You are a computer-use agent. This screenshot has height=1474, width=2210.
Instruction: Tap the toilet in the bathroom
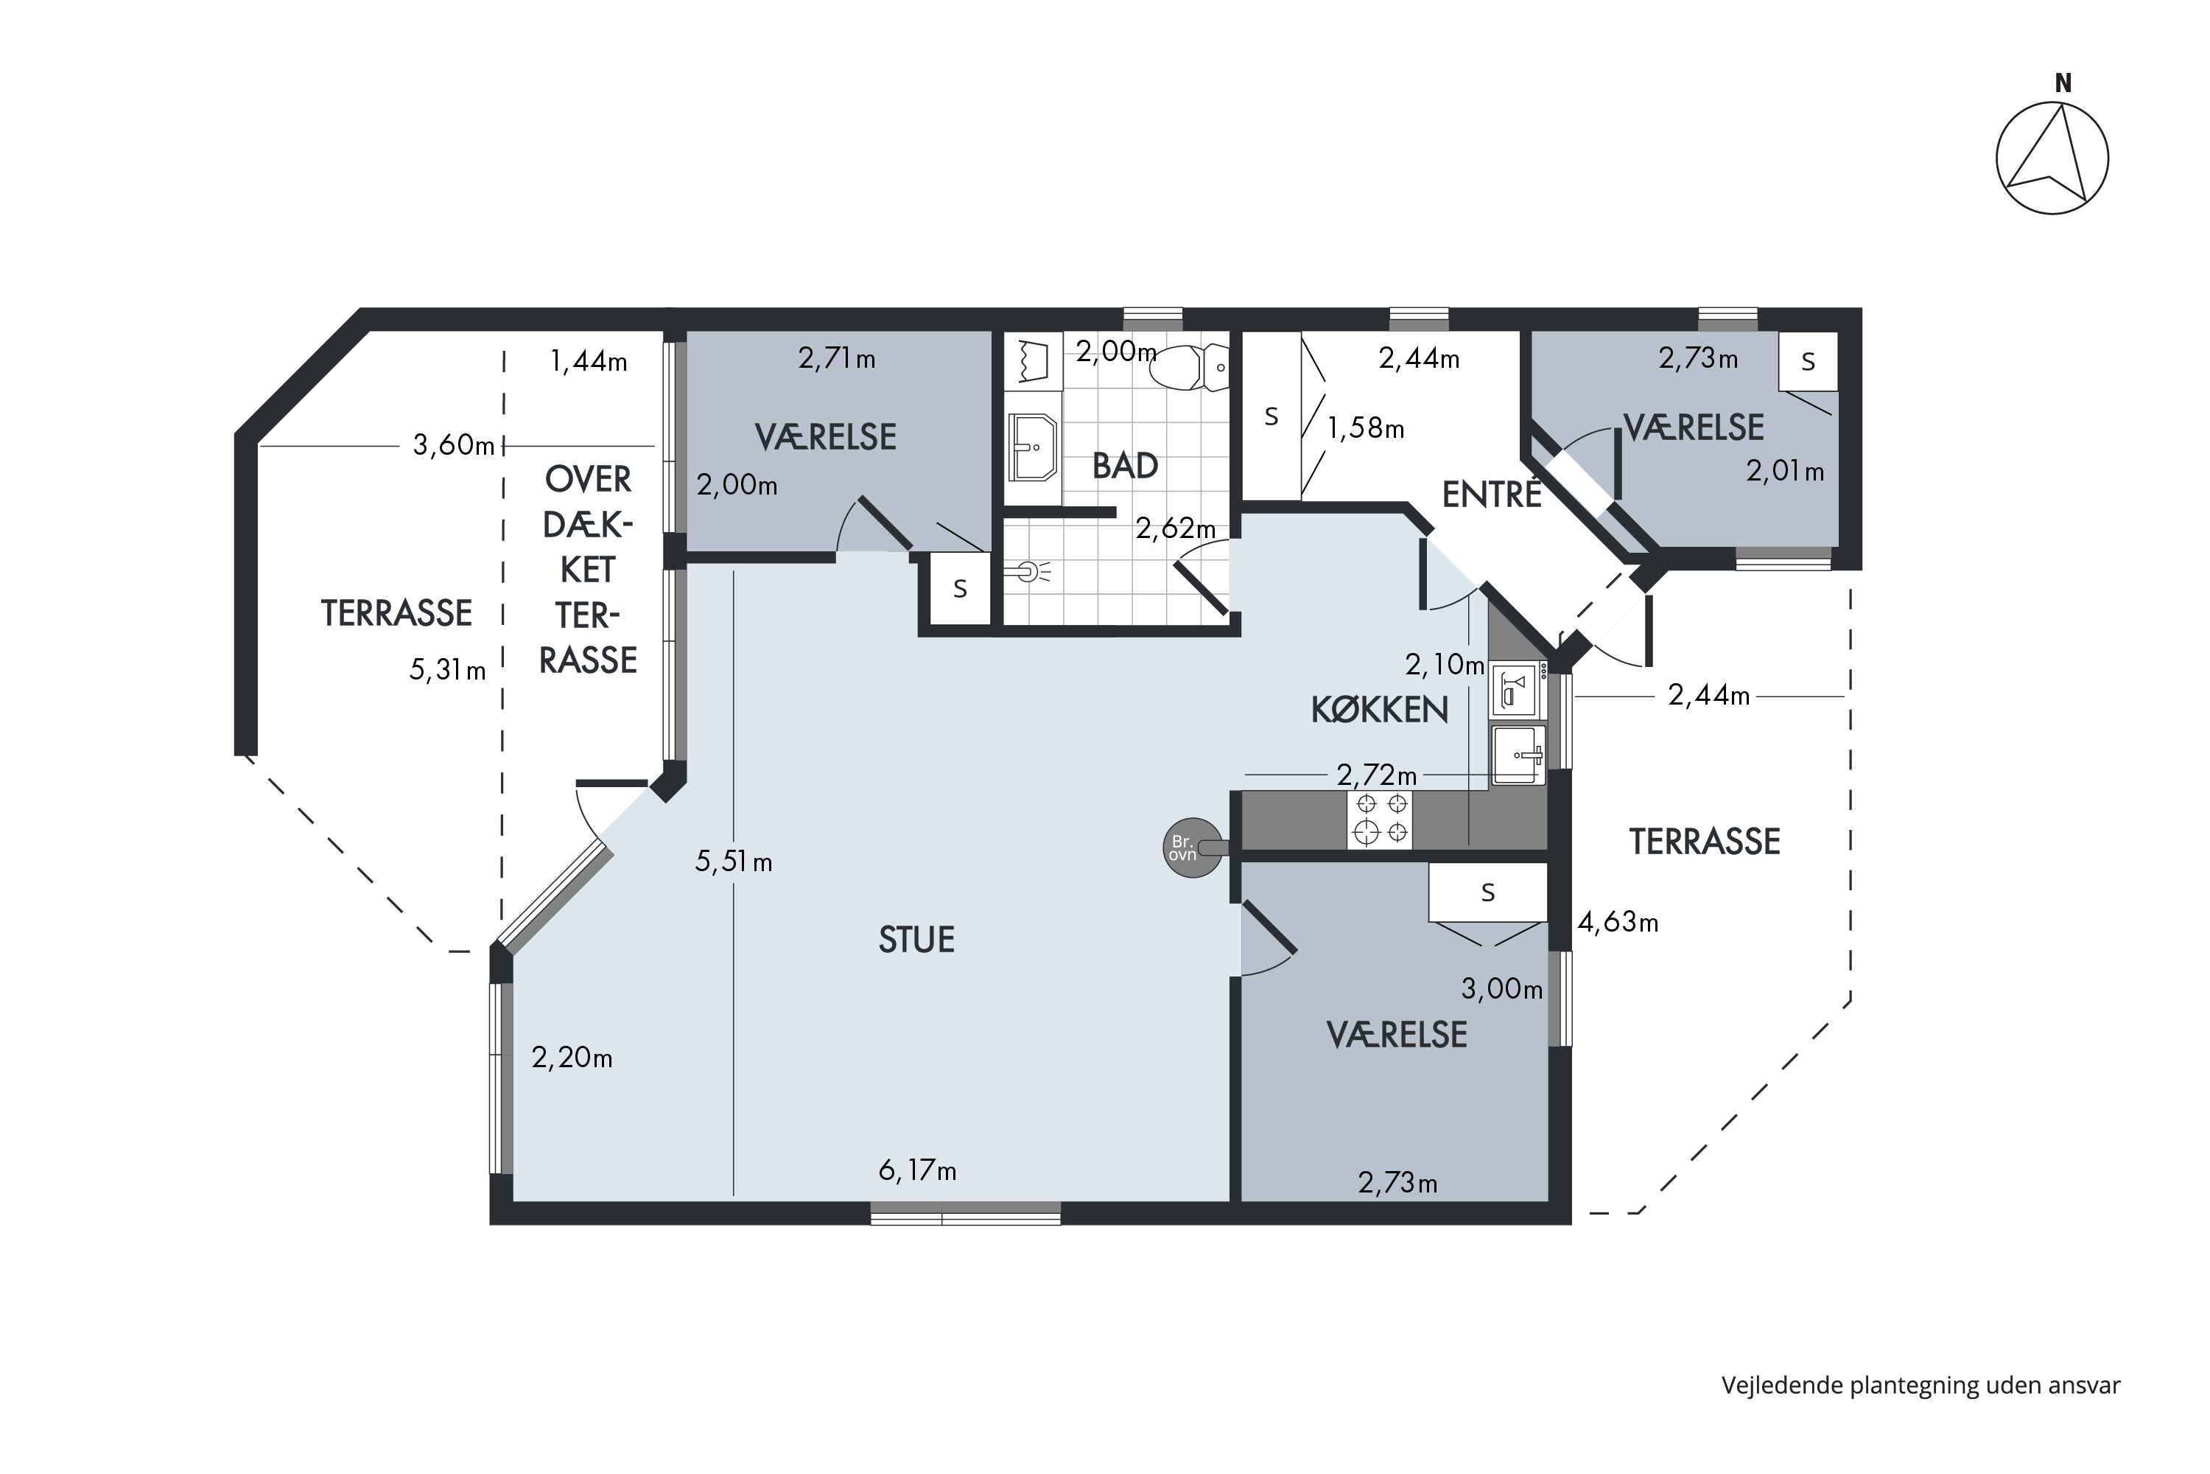pyautogui.click(x=1194, y=366)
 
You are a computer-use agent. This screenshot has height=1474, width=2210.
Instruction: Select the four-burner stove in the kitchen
pyautogui.click(x=1379, y=819)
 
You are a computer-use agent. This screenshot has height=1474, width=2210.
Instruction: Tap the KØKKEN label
pyautogui.click(x=1379, y=710)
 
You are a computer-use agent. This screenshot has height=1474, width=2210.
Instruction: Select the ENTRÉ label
pyautogui.click(x=1491, y=494)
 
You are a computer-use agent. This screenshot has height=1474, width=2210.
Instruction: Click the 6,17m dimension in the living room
pyautogui.click(x=917, y=1170)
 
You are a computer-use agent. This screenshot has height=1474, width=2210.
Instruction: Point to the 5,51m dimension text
pyautogui.click(x=733, y=861)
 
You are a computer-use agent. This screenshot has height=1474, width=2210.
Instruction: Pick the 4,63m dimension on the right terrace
pyautogui.click(x=1617, y=922)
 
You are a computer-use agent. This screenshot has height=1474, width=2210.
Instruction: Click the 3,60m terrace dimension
pyautogui.click(x=453, y=444)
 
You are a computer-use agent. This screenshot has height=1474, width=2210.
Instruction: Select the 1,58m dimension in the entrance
pyautogui.click(x=1365, y=429)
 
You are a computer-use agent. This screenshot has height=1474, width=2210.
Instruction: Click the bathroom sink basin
pyautogui.click(x=1033, y=447)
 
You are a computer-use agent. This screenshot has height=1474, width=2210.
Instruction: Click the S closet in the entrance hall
pyautogui.click(x=1271, y=416)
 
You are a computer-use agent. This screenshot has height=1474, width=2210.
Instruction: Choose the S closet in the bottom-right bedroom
pyautogui.click(x=1487, y=892)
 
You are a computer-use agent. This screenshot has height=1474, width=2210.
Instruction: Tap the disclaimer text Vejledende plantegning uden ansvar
pyautogui.click(x=1920, y=1386)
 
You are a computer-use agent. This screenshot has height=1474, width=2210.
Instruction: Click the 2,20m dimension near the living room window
pyautogui.click(x=572, y=1058)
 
